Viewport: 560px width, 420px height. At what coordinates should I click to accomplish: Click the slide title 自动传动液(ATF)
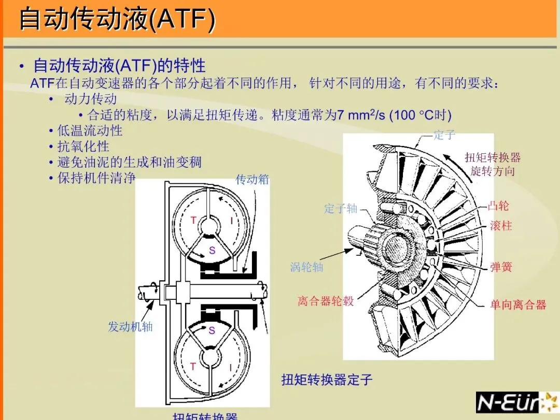(117, 20)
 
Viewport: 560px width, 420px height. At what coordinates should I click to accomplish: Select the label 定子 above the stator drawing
(444, 135)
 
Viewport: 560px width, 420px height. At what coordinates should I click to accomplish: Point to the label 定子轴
(341, 209)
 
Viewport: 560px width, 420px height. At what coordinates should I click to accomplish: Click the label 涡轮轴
(306, 267)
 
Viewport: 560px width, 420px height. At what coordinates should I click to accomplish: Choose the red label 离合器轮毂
(326, 301)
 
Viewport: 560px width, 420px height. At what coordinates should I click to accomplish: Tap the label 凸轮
(498, 206)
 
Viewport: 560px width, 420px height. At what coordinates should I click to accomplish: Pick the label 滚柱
(500, 226)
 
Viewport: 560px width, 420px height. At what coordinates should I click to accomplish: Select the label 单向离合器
(518, 305)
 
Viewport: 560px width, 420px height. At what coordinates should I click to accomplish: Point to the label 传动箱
(252, 180)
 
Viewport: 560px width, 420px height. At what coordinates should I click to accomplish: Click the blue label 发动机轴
(130, 327)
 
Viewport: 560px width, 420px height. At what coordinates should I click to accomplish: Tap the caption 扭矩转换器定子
(327, 380)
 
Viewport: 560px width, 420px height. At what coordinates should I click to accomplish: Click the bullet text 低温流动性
(90, 131)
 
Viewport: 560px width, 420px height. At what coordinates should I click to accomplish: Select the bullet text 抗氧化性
(83, 147)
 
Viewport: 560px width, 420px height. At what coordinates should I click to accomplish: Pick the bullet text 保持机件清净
(96, 178)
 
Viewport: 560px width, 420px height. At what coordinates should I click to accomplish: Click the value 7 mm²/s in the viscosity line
(361, 115)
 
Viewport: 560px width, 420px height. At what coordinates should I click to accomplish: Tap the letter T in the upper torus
(193, 221)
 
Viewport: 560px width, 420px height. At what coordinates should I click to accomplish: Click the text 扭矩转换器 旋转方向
(492, 164)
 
